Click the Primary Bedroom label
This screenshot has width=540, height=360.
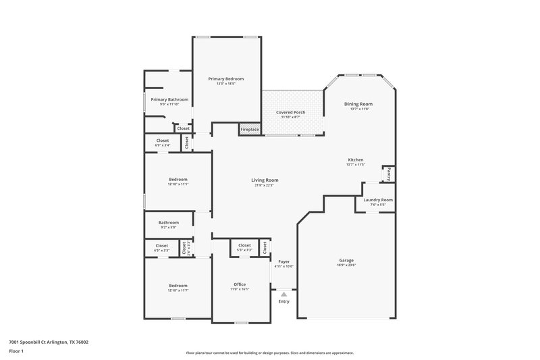point(225,79)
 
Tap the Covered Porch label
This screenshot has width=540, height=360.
point(290,112)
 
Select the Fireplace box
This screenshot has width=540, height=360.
point(249,129)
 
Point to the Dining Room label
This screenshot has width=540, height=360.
point(358,104)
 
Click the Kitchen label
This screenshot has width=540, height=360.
point(355,160)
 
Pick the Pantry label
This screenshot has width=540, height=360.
point(389,173)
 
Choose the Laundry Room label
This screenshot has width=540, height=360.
point(377,200)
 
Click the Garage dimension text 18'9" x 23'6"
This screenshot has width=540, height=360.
point(346,265)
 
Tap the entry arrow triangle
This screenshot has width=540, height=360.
point(284,294)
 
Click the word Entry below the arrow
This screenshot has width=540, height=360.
point(283,301)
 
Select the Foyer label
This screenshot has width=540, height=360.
point(284,261)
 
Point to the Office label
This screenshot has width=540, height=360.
point(240,284)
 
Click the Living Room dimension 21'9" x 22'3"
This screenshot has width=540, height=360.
point(265,185)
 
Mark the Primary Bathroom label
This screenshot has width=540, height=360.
point(169,99)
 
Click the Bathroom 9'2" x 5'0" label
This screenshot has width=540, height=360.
point(169,222)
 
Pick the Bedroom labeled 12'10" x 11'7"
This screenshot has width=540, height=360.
point(178,286)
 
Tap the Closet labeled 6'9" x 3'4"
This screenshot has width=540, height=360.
point(162,140)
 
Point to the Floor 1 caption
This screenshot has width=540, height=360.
point(16,351)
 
